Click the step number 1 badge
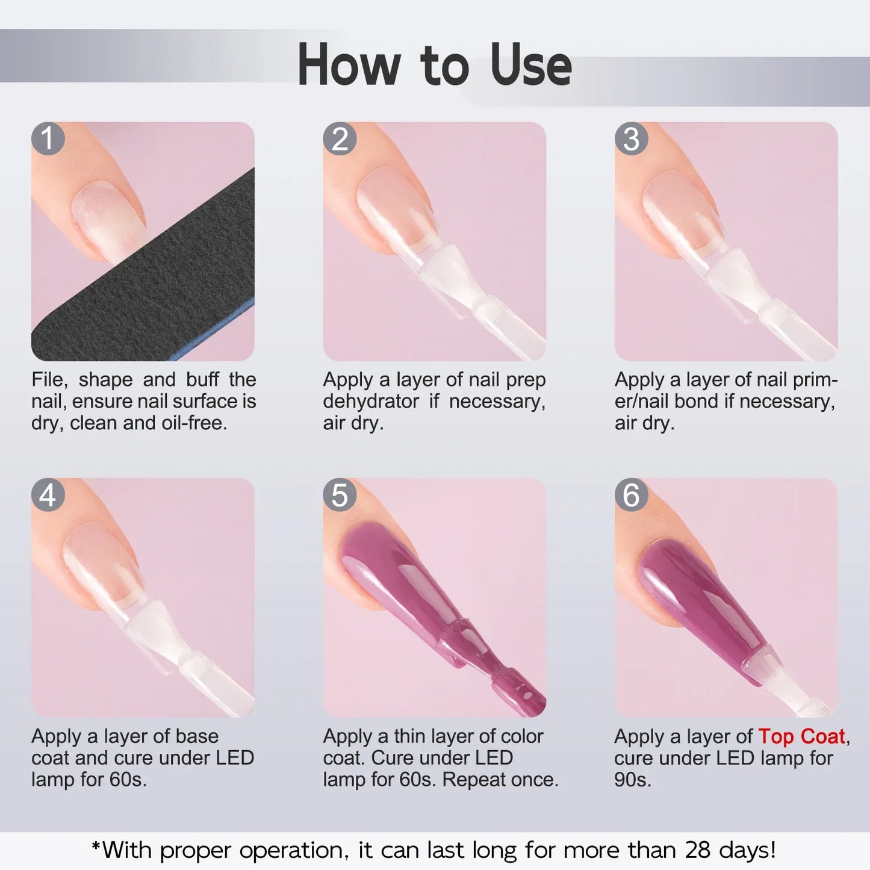pos(48,138)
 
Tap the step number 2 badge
pos(340,138)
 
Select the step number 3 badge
pos(631,138)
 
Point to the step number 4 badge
pos(48,495)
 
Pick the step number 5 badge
pos(340,495)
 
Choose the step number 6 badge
pos(631,495)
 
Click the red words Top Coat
pos(802,736)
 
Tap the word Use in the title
pos(530,65)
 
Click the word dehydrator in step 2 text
pos(371,402)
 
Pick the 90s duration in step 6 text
pos(632,780)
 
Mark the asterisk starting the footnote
pos(96,848)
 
